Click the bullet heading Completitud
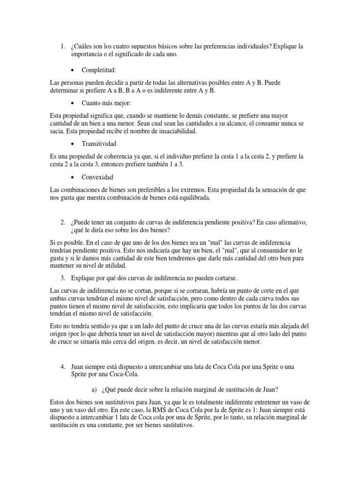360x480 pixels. coord(98,70)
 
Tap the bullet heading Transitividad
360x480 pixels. coord(98,143)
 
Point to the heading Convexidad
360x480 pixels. coord(97,177)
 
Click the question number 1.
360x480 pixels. coord(63,46)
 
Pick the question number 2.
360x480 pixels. coord(63,222)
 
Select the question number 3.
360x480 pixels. coord(63,277)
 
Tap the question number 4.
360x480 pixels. coord(63,366)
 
